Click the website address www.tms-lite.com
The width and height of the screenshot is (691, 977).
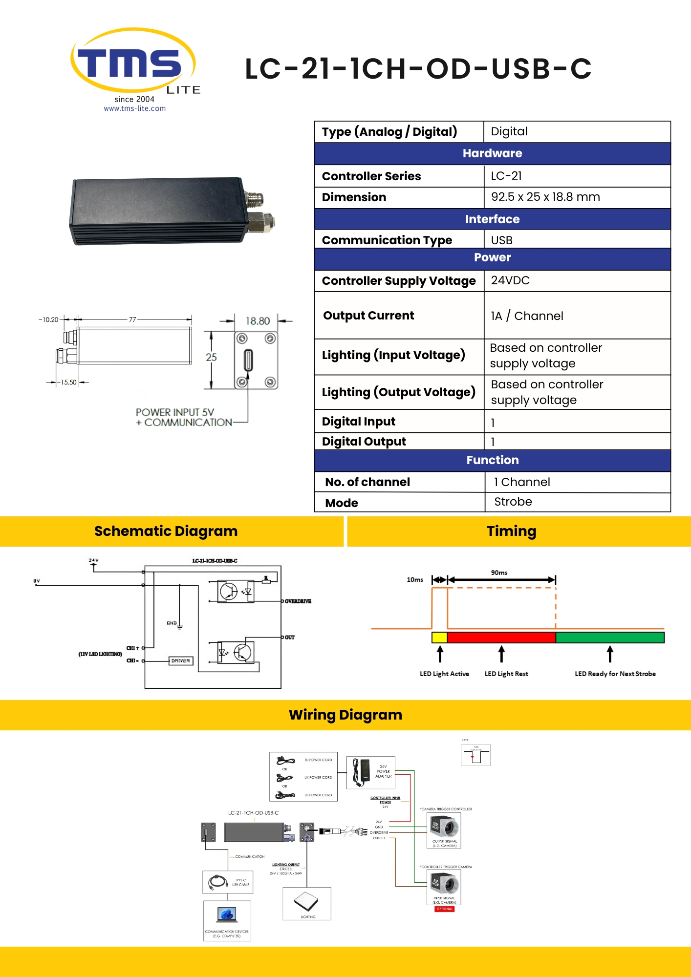pos(134,108)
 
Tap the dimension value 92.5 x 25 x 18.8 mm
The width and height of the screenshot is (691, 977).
pos(545,197)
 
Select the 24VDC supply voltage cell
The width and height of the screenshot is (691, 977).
pos(510,280)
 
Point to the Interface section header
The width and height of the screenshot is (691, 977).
pos(492,219)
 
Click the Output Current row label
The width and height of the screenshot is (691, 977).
pos(368,316)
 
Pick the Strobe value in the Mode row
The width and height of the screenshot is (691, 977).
pos(513,502)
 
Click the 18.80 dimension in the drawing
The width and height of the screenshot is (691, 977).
pos(258,321)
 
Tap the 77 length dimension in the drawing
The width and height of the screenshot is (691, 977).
pos(132,319)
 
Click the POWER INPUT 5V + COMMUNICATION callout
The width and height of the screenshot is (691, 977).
pos(184,417)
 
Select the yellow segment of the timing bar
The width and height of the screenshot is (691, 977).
pos(439,637)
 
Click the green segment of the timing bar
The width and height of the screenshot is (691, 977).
pos(610,637)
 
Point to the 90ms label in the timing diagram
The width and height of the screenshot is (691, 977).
pos(499,573)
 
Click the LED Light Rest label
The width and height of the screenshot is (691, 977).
pos(506,674)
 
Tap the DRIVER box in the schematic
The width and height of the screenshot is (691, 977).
pos(181,660)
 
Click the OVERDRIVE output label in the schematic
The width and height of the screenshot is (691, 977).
pos(298,601)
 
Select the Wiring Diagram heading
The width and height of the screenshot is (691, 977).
pos(345,715)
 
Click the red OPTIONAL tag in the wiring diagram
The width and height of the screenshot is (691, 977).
pos(445,909)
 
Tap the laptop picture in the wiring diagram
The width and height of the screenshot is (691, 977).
pos(227,914)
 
